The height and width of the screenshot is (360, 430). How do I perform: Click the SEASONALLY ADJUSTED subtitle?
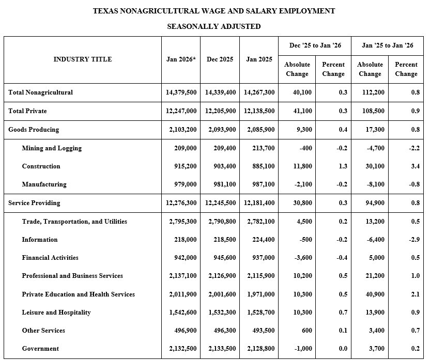click(213, 26)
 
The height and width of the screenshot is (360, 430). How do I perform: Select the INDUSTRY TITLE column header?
click(83, 59)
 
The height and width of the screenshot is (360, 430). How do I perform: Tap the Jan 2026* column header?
click(181, 59)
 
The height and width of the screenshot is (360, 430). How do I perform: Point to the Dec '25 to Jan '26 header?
click(315, 45)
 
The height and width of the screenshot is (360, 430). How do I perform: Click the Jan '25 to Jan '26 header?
click(388, 45)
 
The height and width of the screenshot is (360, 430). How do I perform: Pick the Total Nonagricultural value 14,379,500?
click(181, 92)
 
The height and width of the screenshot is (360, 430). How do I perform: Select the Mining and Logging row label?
click(52, 148)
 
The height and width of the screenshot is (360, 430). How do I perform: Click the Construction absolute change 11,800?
click(299, 166)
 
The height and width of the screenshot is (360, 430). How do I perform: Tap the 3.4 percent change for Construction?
click(415, 166)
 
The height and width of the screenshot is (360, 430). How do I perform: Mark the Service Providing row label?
click(34, 203)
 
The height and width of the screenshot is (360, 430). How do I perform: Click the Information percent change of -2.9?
click(414, 240)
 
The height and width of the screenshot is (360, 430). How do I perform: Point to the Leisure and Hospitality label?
click(56, 312)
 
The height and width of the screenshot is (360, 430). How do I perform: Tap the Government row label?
click(40, 349)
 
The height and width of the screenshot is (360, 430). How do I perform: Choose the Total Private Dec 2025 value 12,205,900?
click(221, 111)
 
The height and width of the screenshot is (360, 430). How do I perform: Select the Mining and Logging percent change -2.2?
click(414, 148)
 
